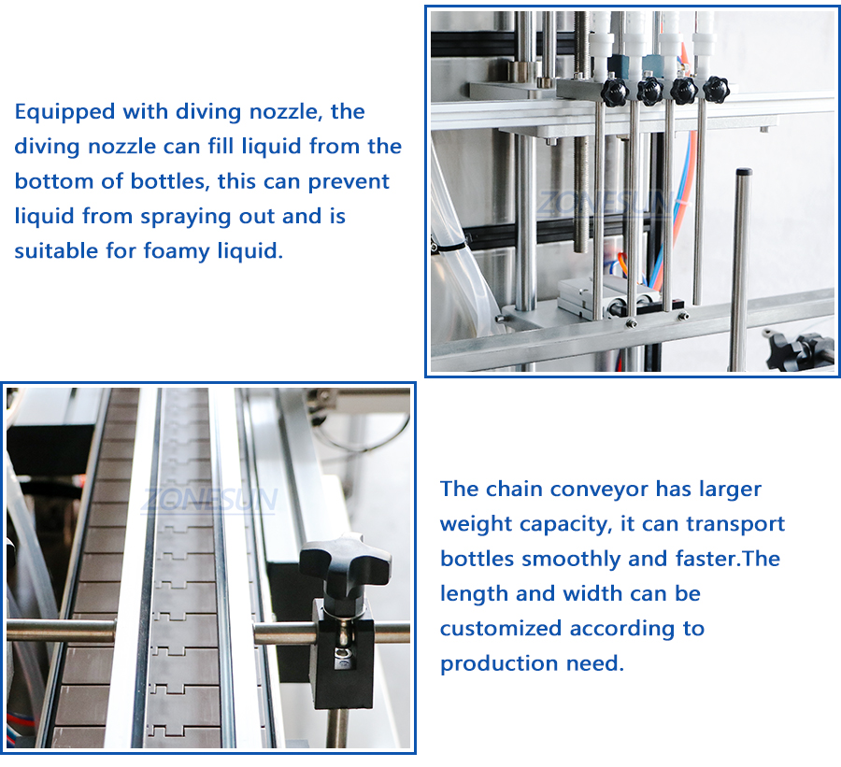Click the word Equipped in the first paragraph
(x=64, y=113)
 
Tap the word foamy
(x=177, y=251)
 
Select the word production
(x=500, y=664)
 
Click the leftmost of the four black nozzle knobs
(x=615, y=92)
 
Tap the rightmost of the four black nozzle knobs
(x=716, y=89)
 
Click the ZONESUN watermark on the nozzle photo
(x=605, y=204)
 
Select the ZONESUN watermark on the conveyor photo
(x=209, y=501)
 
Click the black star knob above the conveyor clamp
(x=344, y=562)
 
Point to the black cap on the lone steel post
(x=744, y=173)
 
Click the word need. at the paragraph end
(x=595, y=664)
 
